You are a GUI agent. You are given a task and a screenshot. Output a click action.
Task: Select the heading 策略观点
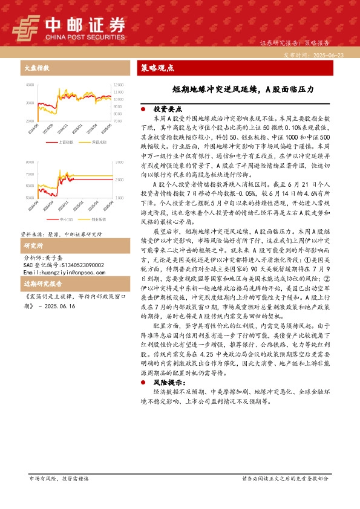(158, 68)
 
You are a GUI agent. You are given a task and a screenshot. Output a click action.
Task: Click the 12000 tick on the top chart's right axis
(118, 85)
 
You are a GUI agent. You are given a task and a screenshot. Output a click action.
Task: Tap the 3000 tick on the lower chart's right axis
(117, 163)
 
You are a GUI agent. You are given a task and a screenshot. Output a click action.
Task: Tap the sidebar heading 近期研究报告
(41, 284)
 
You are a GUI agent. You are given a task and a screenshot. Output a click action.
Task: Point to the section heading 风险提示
(168, 383)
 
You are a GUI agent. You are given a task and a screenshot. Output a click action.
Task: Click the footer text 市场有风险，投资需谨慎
(59, 478)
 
